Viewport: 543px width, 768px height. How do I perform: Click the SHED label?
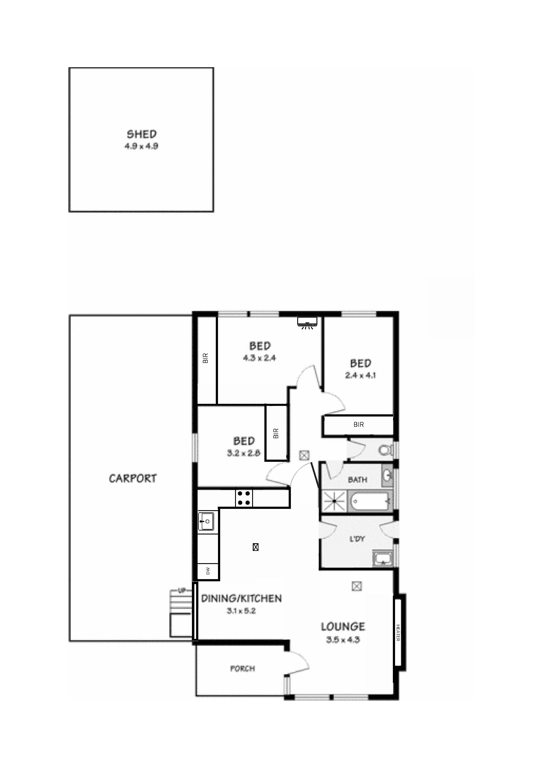(142, 134)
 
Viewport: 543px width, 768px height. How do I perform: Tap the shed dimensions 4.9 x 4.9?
(142, 146)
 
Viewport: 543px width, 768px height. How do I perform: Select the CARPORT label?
(133, 478)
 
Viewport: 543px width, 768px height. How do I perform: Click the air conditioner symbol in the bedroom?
(307, 322)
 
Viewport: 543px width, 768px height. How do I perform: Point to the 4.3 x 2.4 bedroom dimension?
(259, 358)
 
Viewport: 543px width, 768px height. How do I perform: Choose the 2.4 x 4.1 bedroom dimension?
(360, 375)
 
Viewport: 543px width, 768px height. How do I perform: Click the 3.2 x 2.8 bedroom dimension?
(244, 453)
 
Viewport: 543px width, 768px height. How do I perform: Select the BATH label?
(357, 480)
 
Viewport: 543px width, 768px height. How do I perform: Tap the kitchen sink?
(206, 521)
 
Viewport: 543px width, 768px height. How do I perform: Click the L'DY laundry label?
(357, 539)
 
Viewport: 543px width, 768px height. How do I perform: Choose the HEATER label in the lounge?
(398, 633)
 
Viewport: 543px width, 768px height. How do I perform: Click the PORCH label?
(243, 669)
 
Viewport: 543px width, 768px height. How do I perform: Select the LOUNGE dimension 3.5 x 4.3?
(343, 640)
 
